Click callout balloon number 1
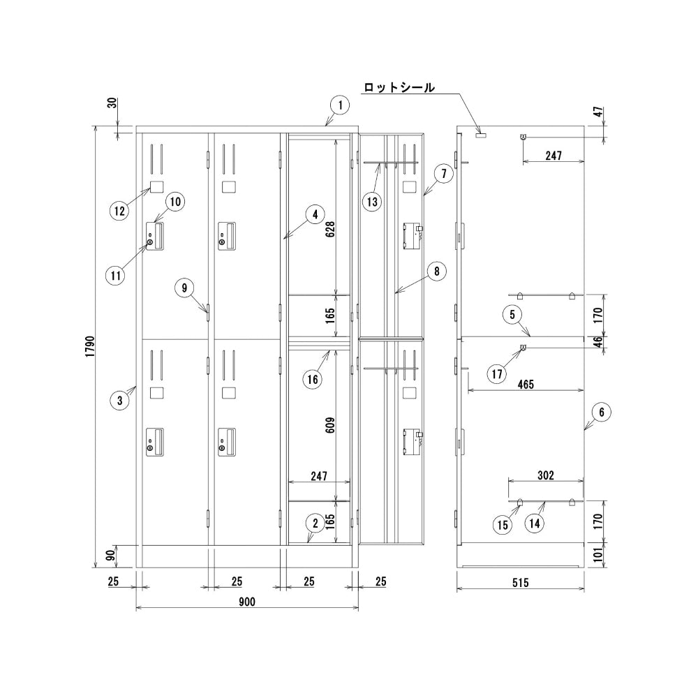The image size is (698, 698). tap(340, 105)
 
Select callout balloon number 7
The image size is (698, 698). tap(444, 173)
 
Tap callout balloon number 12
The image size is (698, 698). tap(120, 211)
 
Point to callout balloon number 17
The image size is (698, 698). tap(497, 373)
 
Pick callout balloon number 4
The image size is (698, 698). tap(315, 214)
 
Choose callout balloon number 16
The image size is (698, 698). tap(313, 379)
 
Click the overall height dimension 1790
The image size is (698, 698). tap(90, 347)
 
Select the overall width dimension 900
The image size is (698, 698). tap(247, 602)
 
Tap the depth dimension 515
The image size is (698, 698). tap(521, 583)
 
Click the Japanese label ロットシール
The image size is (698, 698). tap(399, 87)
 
